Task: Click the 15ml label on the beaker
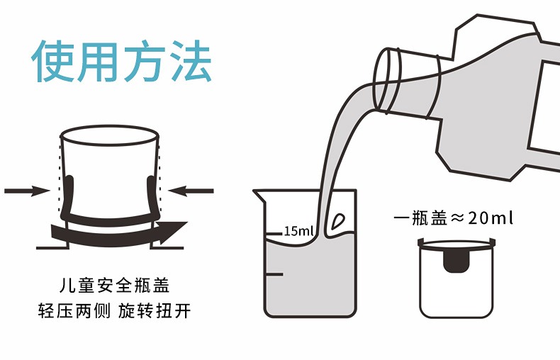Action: click(298, 231)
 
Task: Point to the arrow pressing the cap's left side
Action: click(27, 191)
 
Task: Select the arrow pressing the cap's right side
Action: click(191, 191)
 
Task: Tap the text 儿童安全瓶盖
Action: click(115, 286)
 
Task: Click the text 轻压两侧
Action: click(74, 310)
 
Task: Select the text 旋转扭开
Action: click(155, 310)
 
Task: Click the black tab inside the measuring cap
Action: click(457, 261)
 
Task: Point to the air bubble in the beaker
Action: click(338, 221)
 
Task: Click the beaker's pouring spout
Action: click(259, 196)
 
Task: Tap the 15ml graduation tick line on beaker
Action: click(274, 234)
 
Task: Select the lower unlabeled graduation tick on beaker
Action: click(274, 274)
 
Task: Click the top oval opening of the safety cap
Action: click(110, 135)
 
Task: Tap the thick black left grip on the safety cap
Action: click(67, 196)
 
